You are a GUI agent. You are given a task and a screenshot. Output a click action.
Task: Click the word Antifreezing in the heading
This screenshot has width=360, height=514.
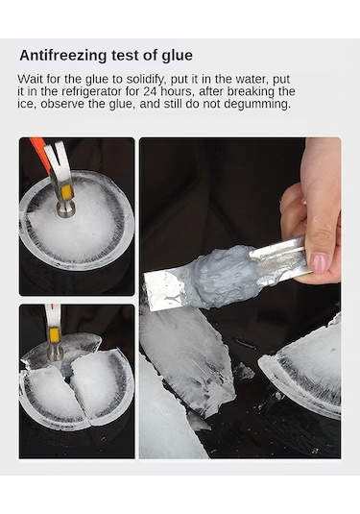coord(63,56)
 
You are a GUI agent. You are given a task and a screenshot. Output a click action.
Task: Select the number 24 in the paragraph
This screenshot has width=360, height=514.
coord(150,91)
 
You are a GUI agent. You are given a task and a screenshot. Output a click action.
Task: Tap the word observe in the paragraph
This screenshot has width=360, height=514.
coord(62,104)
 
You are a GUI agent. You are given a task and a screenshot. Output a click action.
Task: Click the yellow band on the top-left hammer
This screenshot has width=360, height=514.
coord(66,191)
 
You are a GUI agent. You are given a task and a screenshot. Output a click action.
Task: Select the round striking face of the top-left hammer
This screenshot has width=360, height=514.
coord(66,209)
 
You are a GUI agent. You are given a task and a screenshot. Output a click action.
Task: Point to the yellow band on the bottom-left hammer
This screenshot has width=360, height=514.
coord(54,335)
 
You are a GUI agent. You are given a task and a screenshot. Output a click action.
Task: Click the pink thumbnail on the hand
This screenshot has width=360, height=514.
coord(320,262)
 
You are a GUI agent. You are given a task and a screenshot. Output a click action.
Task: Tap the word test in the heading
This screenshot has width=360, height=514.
coord(126,56)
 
